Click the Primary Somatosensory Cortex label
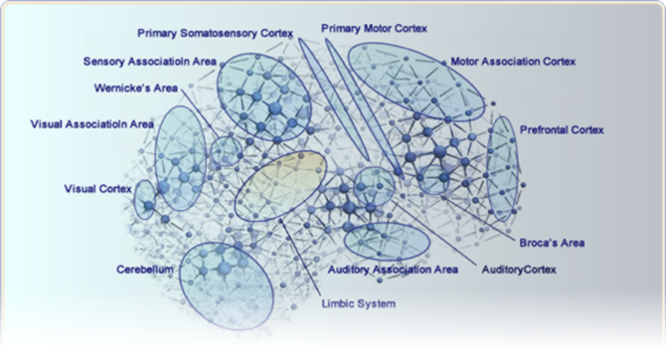click(x=216, y=33)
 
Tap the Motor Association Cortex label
click(x=513, y=61)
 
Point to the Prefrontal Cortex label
click(x=562, y=129)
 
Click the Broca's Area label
click(x=552, y=242)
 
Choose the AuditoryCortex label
click(x=518, y=270)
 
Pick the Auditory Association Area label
click(x=393, y=270)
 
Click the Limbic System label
click(x=359, y=303)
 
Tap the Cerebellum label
click(x=145, y=270)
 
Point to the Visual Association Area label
click(x=92, y=124)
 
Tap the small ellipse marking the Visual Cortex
click(x=145, y=199)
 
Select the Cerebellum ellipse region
click(x=226, y=280)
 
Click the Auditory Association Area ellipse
click(x=386, y=240)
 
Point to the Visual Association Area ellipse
click(x=181, y=155)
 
